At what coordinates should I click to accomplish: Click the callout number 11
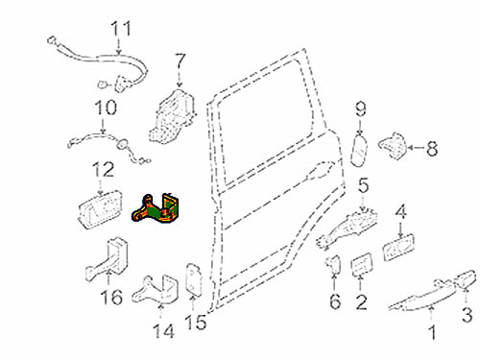coord(121,29)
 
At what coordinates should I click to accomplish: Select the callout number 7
coord(180,62)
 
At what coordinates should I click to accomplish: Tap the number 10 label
coord(106,108)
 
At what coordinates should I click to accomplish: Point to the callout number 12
coord(103,170)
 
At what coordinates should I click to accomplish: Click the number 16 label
coord(111,297)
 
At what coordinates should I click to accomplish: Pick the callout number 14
coord(164,331)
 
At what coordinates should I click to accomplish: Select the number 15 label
coord(196,322)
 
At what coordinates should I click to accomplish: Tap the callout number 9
coord(361,109)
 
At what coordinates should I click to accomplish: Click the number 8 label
coord(432,149)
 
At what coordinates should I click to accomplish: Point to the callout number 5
coord(364,186)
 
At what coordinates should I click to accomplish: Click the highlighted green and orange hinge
coord(156,208)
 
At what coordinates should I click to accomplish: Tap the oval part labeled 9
coord(360,151)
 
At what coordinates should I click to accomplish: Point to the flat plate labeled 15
coord(194,278)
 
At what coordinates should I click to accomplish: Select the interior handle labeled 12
coord(100,210)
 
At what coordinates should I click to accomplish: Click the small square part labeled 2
coord(362,265)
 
